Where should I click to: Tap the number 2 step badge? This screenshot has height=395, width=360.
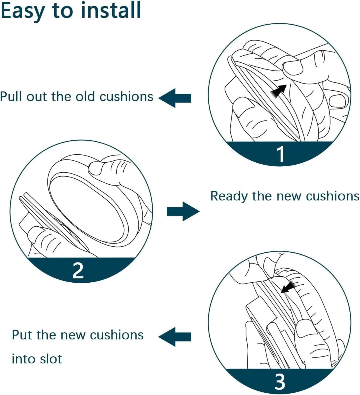point(78,270)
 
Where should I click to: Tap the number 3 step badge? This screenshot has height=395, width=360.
point(280,381)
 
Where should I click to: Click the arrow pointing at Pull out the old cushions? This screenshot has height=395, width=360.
point(175,98)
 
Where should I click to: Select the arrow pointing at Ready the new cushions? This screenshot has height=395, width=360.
point(183,212)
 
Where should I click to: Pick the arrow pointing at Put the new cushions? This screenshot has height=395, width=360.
point(175,337)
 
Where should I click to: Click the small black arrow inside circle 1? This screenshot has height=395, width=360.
point(279,91)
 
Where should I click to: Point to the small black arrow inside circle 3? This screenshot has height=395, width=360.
point(289,287)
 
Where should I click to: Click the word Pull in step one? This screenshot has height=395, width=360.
point(11,97)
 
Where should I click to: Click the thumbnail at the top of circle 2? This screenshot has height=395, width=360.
point(96,168)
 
